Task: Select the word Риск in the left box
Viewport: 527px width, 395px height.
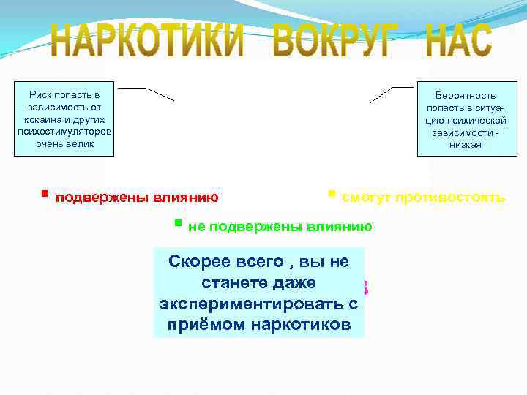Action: (42, 95)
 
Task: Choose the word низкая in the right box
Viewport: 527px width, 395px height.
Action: (466, 144)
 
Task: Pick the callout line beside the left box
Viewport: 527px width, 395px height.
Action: (146, 93)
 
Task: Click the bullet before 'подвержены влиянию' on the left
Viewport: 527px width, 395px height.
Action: (45, 195)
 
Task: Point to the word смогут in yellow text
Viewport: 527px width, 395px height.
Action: (367, 197)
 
